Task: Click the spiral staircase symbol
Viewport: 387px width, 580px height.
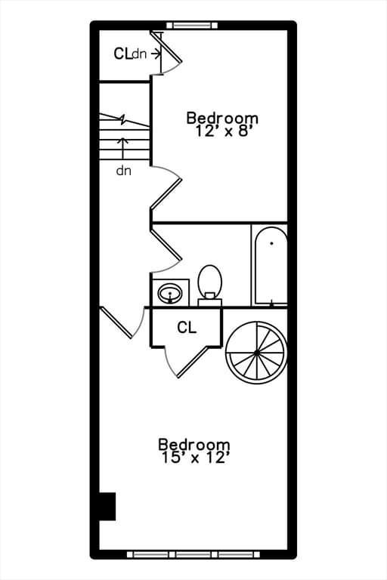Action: pos(257,353)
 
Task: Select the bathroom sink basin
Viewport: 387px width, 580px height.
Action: pos(170,294)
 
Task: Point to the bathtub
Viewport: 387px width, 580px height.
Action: pos(271,266)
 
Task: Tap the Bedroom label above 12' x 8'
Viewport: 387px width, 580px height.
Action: pos(222,118)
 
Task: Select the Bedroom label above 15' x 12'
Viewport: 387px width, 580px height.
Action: pos(194,444)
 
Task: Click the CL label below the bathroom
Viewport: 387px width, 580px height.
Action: pos(187,327)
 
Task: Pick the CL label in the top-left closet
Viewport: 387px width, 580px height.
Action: pos(122,54)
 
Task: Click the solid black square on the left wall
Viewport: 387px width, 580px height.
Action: pos(107,507)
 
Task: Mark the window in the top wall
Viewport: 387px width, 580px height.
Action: pos(192,25)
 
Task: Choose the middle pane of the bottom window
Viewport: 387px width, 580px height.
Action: pos(197,555)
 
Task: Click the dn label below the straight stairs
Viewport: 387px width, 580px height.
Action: pos(124,171)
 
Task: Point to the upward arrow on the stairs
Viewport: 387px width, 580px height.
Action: pos(123,148)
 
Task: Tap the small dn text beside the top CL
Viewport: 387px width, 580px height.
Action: pos(140,54)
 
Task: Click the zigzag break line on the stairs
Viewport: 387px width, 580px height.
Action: pos(124,120)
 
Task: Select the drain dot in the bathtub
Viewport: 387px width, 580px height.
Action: pos(272,243)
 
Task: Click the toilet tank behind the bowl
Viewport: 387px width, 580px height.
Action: pos(210,302)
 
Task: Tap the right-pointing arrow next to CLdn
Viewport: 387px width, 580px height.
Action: pos(156,54)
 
